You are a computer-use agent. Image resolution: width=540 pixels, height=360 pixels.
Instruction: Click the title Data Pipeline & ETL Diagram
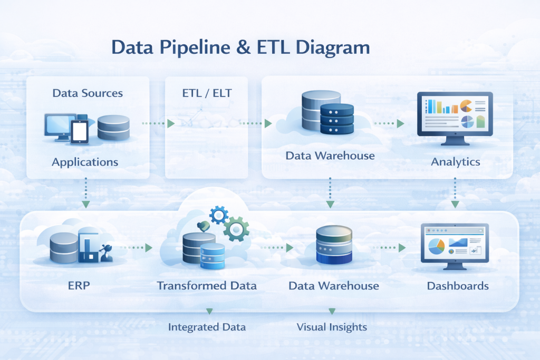[240, 48]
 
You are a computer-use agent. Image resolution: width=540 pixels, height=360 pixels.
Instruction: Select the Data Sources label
[88, 93]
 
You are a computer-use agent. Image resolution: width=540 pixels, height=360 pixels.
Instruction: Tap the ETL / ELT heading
[206, 93]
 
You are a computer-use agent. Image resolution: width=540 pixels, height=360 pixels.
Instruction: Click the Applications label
[85, 161]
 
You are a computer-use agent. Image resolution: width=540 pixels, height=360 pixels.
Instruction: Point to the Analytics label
[456, 162]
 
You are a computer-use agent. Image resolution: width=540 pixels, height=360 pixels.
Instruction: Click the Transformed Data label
[207, 286]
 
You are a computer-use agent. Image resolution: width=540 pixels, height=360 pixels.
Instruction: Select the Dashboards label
[458, 286]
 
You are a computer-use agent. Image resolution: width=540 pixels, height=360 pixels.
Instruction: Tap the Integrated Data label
[207, 327]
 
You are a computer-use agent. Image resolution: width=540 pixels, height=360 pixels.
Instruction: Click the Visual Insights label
[332, 327]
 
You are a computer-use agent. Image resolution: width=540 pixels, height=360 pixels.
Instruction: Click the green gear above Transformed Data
[235, 229]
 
